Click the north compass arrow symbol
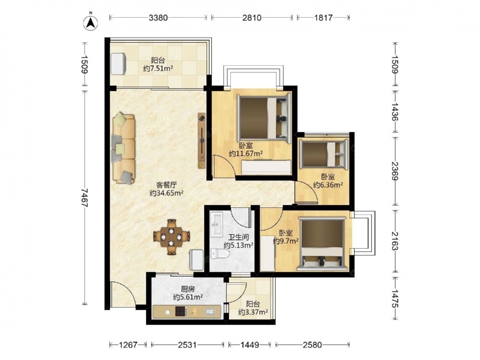click(91, 23)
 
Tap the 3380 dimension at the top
click(158, 18)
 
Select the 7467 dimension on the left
click(84, 198)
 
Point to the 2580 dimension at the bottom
click(312, 345)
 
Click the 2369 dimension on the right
click(395, 171)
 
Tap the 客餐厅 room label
click(167, 185)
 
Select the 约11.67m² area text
click(246, 154)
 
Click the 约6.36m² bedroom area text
click(328, 185)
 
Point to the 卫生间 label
click(239, 237)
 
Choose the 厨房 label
click(188, 289)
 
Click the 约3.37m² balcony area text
click(253, 312)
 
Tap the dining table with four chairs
click(171, 237)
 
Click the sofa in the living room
click(124, 148)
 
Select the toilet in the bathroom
click(220, 254)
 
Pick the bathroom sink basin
click(217, 225)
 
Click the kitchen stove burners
click(181, 312)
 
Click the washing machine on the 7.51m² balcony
click(118, 64)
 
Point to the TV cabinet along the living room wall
click(202, 141)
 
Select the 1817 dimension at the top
click(323, 18)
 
